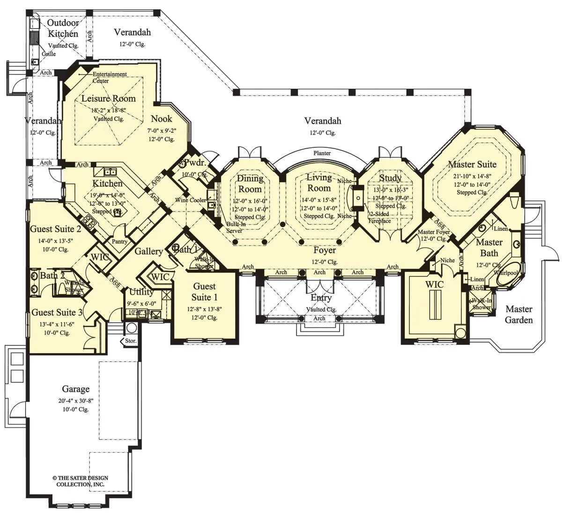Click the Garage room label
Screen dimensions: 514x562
tap(76, 389)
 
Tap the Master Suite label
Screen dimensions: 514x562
tap(472, 164)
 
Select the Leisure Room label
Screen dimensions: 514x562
tap(108, 99)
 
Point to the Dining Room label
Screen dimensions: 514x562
tap(250, 183)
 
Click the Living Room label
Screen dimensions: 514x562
tap(319, 182)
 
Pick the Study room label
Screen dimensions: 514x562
tap(390, 178)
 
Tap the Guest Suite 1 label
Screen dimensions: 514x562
tap(205, 291)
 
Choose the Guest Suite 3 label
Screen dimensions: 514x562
tap(57, 312)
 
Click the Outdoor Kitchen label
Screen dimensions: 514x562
tap(63, 28)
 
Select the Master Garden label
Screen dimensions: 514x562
tap(519, 314)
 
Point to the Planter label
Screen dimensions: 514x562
tap(322, 153)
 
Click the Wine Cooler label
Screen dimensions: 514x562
tap(191, 200)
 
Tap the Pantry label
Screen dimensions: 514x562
tap(120, 241)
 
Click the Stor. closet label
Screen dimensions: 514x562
tap(131, 341)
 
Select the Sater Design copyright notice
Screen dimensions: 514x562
tap(80, 481)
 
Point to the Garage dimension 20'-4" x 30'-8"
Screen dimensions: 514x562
tap(76, 401)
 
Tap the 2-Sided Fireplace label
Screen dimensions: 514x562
tap(379, 217)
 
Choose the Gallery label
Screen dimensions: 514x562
tap(148, 252)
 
